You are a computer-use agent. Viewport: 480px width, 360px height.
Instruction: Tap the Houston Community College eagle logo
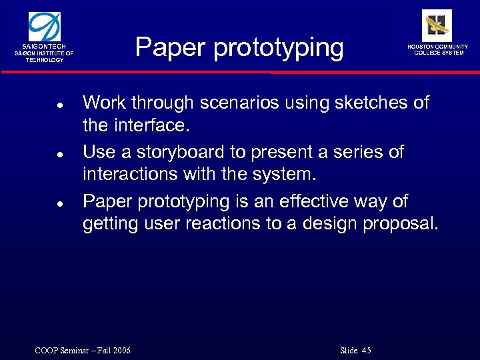pyautogui.click(x=437, y=25)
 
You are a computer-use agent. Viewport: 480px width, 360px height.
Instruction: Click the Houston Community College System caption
pyautogui.click(x=439, y=50)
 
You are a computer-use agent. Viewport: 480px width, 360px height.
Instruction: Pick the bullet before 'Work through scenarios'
pyautogui.click(x=59, y=105)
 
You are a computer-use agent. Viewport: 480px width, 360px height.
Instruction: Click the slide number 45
pyautogui.click(x=365, y=351)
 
